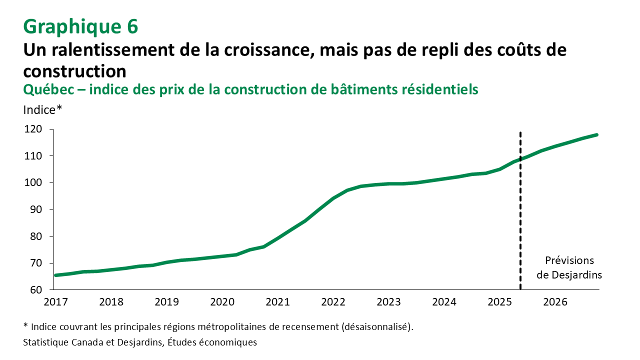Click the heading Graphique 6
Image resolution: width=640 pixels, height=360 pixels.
pyautogui.click(x=80, y=27)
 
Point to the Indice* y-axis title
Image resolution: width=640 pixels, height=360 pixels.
pyautogui.click(x=42, y=110)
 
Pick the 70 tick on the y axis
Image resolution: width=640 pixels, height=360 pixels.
pyautogui.click(x=39, y=263)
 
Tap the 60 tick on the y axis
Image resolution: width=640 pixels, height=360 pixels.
pyautogui.click(x=39, y=290)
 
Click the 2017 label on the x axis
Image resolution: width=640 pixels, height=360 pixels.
pyautogui.click(x=56, y=302)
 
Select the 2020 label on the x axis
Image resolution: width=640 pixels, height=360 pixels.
pyautogui.click(x=222, y=302)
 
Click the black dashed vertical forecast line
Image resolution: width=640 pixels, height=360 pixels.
pyautogui.click(x=520, y=225)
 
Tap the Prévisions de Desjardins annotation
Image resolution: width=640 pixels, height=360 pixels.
pyautogui.click(x=569, y=268)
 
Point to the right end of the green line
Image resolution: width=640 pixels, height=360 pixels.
pyautogui.click(x=596, y=135)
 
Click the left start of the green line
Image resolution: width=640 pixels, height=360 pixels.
pyautogui.click(x=56, y=275)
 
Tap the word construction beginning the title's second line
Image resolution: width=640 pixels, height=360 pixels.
pyautogui.click(x=74, y=70)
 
